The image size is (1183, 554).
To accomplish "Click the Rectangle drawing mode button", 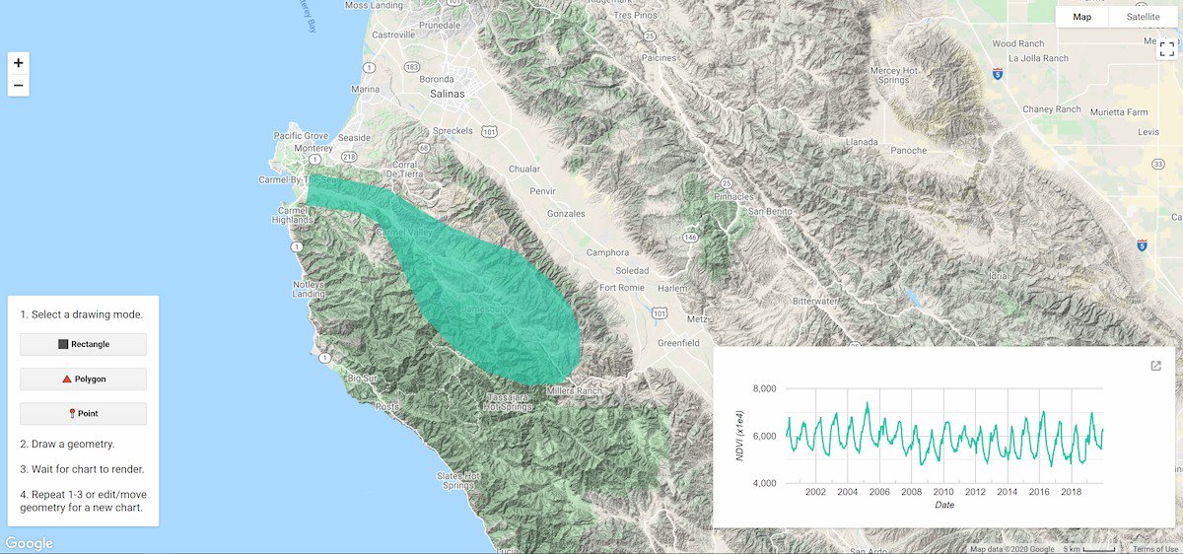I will [x=84, y=344].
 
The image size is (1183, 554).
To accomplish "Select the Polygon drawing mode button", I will [x=84, y=379].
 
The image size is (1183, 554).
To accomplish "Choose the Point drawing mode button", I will [x=84, y=414].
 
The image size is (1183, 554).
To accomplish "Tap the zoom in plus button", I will [x=18, y=63].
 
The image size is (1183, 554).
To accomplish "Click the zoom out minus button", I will [x=18, y=86].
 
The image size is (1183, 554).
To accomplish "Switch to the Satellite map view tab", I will [x=1143, y=17].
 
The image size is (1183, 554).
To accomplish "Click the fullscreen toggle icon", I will [x=1166, y=48].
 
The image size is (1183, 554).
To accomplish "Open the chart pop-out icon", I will [x=1156, y=366].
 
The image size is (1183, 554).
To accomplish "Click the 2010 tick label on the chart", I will [x=943, y=492].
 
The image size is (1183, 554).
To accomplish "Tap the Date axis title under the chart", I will [x=944, y=506].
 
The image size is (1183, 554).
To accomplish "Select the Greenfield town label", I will [x=678, y=343].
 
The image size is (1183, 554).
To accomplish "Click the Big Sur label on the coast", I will [x=363, y=378].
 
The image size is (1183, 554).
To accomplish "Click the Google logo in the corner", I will [x=29, y=543].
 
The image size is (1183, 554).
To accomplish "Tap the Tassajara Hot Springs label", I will [x=509, y=402].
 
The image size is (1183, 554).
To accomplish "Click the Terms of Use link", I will [x=1155, y=549].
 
